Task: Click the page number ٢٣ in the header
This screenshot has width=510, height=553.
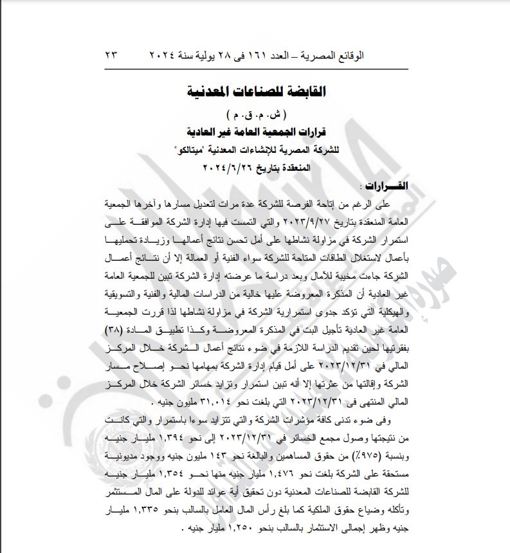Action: tap(111, 56)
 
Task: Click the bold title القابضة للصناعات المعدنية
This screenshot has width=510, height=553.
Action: tap(255, 91)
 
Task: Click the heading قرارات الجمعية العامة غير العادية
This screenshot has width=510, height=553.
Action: tap(255, 134)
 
